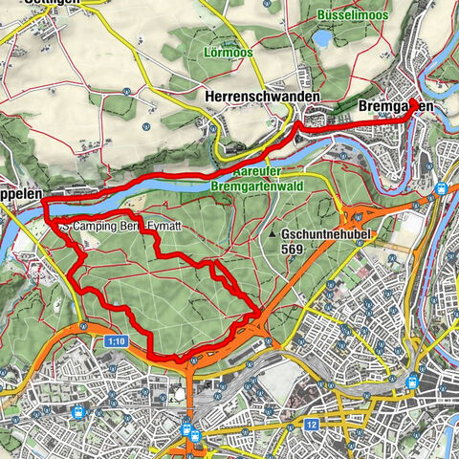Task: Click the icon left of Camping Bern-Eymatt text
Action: [x=63, y=227]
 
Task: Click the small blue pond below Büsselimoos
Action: [x=322, y=39]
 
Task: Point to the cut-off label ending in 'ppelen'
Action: [x=21, y=192]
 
